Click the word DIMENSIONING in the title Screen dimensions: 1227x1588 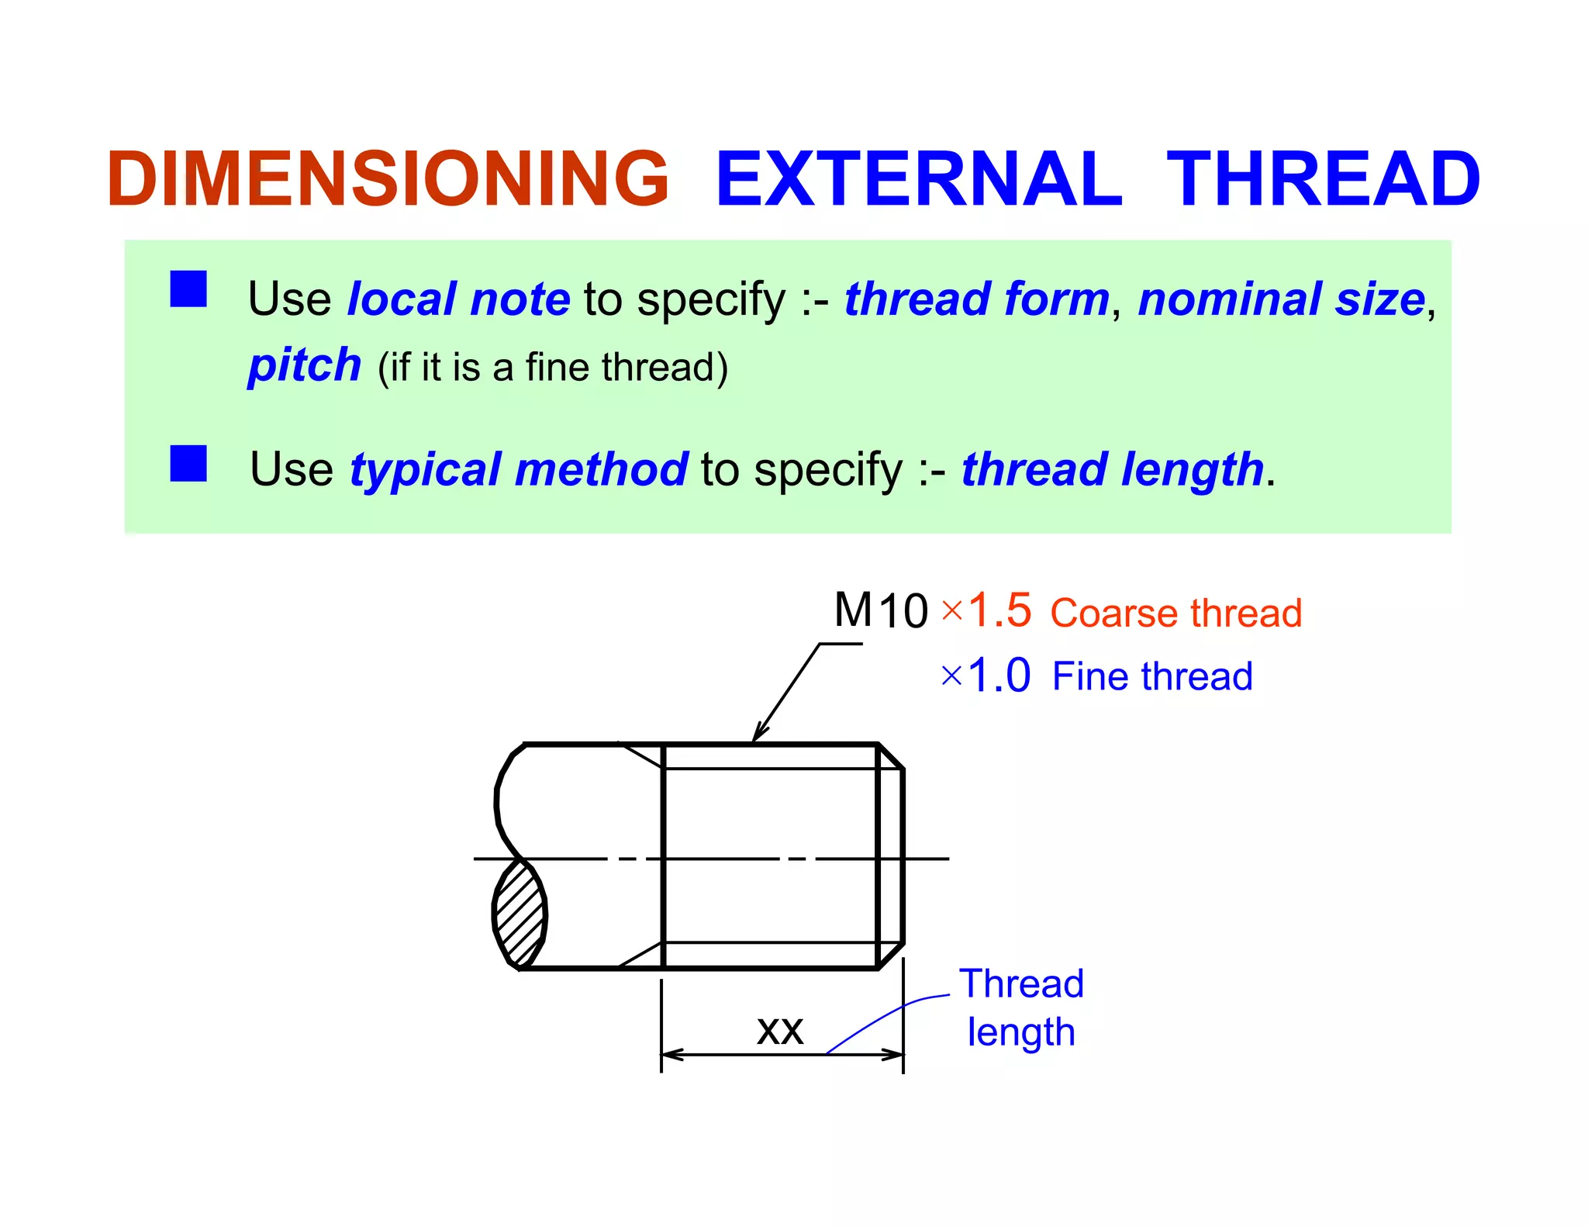[x=388, y=179]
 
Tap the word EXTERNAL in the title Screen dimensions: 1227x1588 [x=919, y=179]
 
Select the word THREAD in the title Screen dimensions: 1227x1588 [x=1323, y=179]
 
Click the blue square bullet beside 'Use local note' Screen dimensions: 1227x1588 [x=188, y=289]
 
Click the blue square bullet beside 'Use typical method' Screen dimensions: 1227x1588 [x=188, y=463]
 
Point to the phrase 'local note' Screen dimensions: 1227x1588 [x=458, y=299]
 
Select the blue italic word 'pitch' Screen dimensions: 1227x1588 [x=305, y=365]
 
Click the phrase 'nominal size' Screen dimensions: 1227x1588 [x=1281, y=299]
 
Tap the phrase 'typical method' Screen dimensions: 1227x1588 [x=518, y=469]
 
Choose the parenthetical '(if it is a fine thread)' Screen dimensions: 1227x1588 [x=552, y=368]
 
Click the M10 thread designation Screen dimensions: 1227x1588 [x=880, y=610]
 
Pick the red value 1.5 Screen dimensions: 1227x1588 [x=999, y=610]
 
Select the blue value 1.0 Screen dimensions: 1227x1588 [x=999, y=676]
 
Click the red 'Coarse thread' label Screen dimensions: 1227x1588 [x=1175, y=613]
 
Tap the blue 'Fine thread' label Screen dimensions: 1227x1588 [x=1151, y=676]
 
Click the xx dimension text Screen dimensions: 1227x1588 [x=779, y=1031]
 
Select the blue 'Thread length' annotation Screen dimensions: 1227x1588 [x=1020, y=1008]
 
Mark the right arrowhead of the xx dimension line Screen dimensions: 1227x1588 [x=895, y=1055]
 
